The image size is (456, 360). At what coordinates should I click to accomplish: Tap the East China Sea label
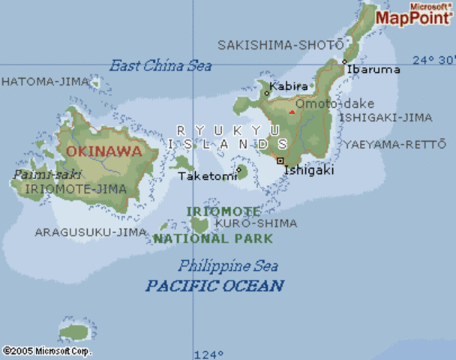160,66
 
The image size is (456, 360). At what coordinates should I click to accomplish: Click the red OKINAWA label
103,151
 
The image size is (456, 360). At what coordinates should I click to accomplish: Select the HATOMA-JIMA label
34,81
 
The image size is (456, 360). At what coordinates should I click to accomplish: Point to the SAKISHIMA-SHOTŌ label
280,45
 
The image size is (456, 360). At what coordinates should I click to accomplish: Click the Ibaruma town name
372,69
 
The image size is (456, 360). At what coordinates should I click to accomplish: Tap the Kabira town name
289,85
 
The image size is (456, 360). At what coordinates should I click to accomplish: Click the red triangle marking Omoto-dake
292,112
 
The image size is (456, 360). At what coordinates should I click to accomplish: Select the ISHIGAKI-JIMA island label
385,118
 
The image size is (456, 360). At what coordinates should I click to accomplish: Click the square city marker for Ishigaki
280,160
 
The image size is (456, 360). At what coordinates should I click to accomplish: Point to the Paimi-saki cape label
36,174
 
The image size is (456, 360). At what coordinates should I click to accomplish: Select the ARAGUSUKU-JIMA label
91,232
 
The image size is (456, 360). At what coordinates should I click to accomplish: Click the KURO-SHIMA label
256,223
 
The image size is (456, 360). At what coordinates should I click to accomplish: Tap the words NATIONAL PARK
200,238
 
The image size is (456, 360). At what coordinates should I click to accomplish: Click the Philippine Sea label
228,265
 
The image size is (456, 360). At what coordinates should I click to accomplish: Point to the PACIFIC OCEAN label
214,286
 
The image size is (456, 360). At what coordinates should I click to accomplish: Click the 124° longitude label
208,354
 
